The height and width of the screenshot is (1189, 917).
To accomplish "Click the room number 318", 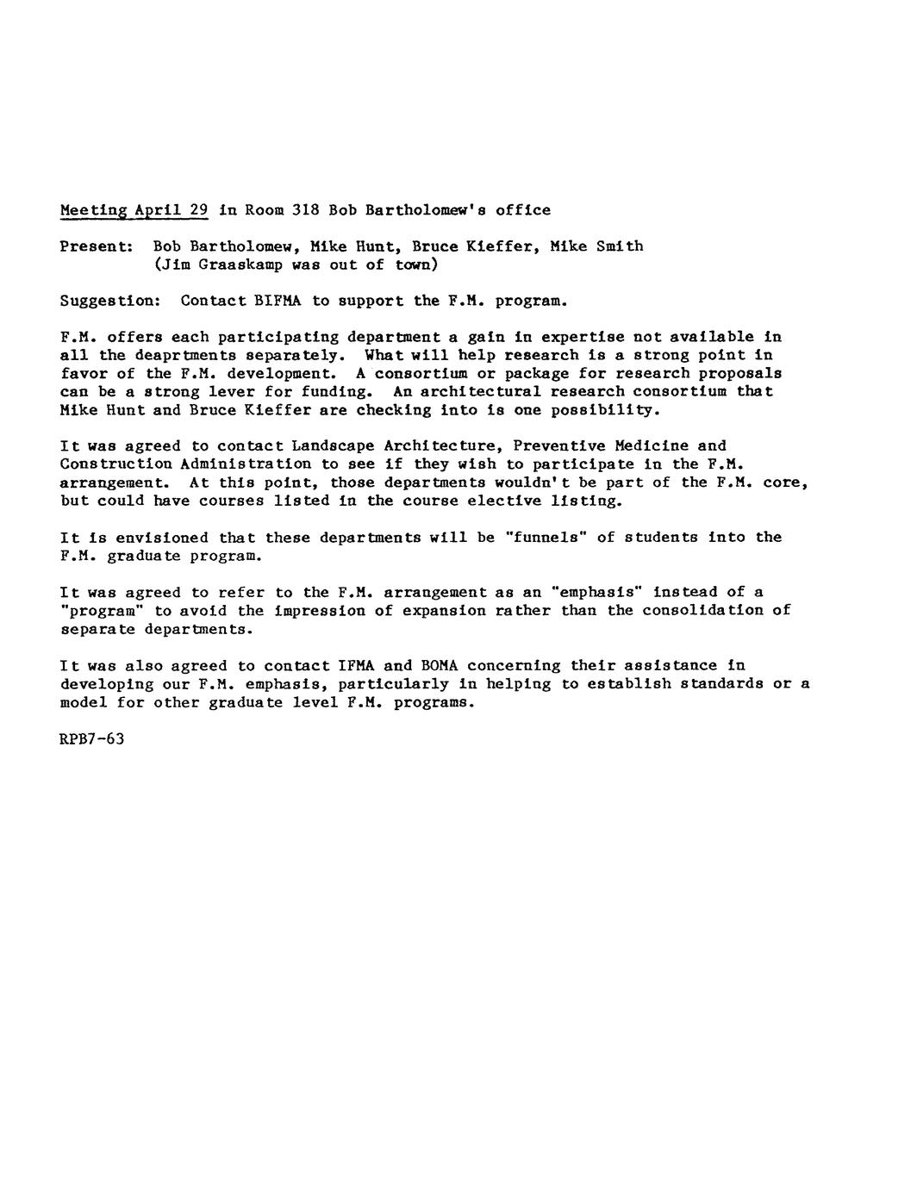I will [306, 209].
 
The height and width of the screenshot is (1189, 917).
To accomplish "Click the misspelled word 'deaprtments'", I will [186, 355].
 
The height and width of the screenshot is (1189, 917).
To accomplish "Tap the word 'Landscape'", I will [333, 446].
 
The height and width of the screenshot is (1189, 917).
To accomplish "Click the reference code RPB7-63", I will [92, 739].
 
